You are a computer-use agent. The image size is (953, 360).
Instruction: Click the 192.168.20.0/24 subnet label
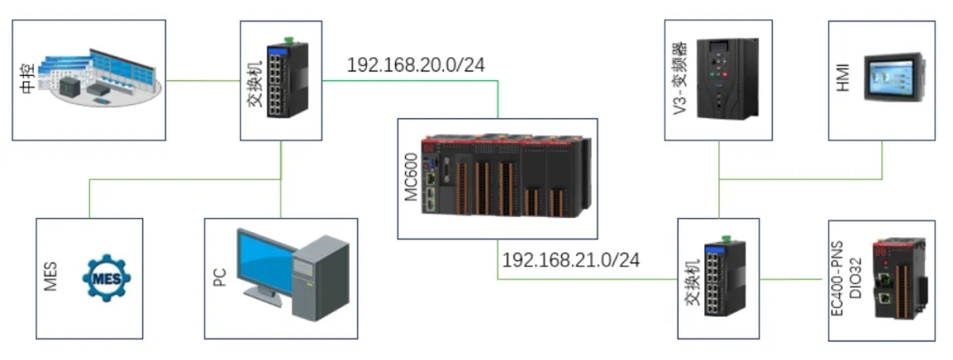pos(416,64)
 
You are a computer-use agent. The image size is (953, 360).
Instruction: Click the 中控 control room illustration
pos(104,77)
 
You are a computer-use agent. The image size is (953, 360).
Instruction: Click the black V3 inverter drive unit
pos(727,79)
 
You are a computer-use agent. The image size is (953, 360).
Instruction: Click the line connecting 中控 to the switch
pos(203,81)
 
